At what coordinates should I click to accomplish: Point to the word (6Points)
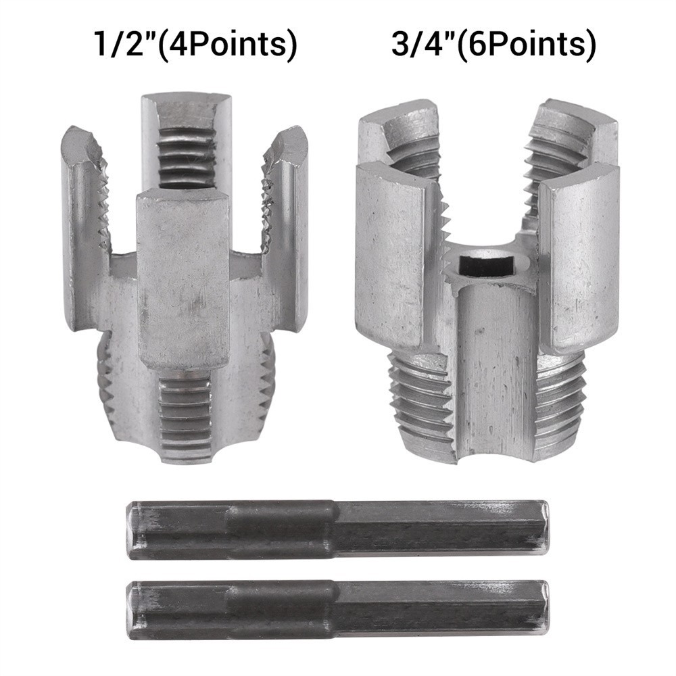[527, 45]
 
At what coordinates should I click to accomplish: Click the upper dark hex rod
[338, 530]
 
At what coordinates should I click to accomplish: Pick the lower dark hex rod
[338, 609]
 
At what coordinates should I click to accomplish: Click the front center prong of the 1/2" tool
[183, 277]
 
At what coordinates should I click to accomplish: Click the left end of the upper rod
[135, 530]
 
